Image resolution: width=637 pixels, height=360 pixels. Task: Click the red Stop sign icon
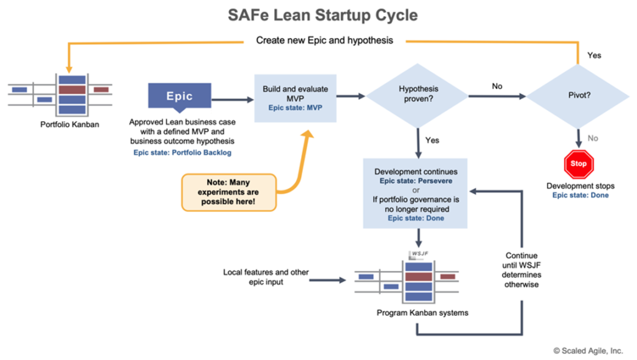579,164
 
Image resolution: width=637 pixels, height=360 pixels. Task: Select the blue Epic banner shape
179,96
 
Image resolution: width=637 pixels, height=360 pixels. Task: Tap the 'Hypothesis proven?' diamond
417,95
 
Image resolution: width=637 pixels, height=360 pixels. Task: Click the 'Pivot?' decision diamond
579,95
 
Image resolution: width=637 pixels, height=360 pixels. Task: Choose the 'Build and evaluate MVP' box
295,95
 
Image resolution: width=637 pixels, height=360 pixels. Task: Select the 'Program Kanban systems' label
422,313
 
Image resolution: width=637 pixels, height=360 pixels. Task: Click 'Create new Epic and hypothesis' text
323,41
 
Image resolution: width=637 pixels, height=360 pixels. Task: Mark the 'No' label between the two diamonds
496,86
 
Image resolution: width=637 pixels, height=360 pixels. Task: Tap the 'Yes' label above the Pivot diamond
594,55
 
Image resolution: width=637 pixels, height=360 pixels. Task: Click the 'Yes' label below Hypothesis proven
432,140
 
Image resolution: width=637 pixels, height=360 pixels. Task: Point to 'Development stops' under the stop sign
580,186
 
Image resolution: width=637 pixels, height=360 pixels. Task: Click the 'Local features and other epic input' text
266,277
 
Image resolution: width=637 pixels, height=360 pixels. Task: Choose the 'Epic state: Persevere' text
416,180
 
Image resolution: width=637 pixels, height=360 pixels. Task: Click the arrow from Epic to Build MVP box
231,97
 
